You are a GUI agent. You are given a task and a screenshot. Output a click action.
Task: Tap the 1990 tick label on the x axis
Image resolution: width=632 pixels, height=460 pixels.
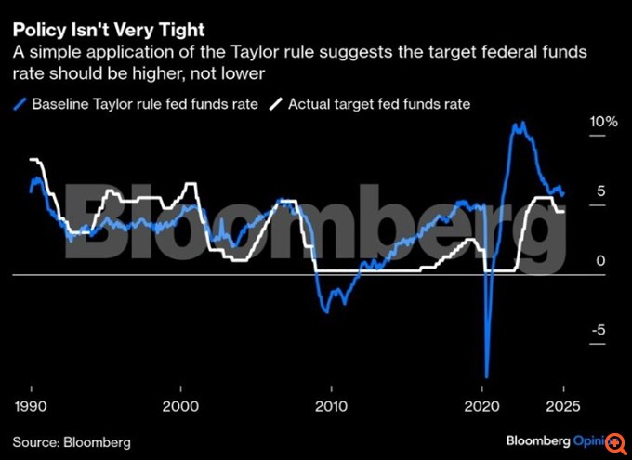coord(32,406)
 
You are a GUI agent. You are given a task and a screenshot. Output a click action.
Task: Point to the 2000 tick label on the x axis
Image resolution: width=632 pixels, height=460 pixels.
coord(181,406)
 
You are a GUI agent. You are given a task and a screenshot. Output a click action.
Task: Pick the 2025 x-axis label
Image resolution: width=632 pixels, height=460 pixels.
coord(562,406)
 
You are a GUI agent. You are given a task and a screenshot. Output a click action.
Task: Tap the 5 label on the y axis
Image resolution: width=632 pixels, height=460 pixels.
coord(601,191)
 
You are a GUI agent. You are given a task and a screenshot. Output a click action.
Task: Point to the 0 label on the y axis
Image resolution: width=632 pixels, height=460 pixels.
coord(601,261)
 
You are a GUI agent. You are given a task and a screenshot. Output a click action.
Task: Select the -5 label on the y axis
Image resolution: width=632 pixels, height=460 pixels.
coord(599,330)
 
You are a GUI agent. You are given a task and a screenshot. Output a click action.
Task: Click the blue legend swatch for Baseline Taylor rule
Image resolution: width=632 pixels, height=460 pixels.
coord(20,104)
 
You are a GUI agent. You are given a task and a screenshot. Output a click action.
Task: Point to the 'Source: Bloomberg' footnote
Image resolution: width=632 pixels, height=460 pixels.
coord(72,440)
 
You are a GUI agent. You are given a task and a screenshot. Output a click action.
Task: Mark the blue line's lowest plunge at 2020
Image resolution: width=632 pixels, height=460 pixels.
coord(486,375)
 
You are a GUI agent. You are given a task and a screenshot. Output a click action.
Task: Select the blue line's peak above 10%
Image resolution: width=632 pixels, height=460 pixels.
coord(517,123)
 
